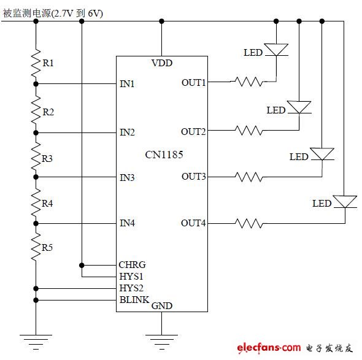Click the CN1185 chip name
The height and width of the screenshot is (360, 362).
tap(164, 155)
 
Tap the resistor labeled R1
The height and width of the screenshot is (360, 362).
tap(36, 63)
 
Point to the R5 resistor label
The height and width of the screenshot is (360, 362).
tap(47, 248)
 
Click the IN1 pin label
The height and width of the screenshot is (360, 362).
tap(127, 84)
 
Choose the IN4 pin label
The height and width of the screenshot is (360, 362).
tap(127, 223)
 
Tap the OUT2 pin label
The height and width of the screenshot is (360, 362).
tap(193, 132)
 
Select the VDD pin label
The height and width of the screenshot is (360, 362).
tap(162, 63)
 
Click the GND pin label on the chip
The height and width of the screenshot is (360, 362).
tap(162, 306)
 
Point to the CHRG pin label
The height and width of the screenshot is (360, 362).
tap(132, 265)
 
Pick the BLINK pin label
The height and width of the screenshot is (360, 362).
tap(134, 300)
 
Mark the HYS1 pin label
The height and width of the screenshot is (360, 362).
tap(131, 276)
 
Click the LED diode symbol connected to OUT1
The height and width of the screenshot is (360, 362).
tap(276, 50)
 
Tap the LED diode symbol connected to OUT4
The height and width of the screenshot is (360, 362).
tap(345, 202)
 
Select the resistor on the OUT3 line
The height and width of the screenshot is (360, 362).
tap(249, 177)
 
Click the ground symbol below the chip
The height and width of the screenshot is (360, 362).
tap(161, 342)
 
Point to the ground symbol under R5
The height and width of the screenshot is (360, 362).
tap(36, 342)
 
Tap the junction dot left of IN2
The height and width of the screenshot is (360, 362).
tap(36, 133)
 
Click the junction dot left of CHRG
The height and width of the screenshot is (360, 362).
tap(82, 266)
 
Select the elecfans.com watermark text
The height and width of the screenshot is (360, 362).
tap(269, 348)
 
